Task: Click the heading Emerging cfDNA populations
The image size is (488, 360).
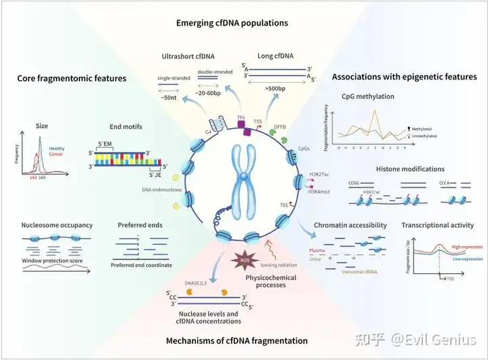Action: pyautogui.click(x=232, y=22)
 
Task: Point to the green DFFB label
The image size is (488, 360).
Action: pyautogui.click(x=280, y=126)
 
